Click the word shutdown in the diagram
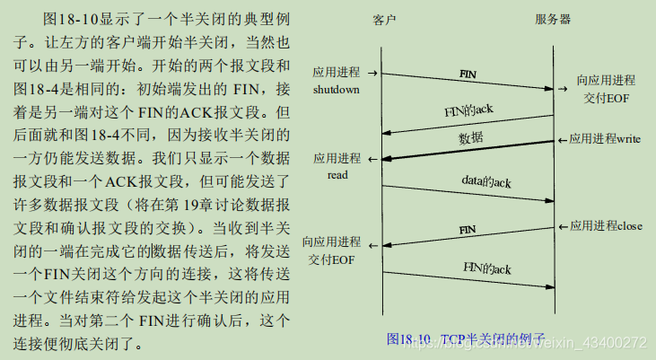tap(337, 90)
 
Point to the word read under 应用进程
tap(337, 174)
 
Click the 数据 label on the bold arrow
tap(471, 137)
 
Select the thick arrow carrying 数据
tap(467, 151)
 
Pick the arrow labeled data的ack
tap(467, 193)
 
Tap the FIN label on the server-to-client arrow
tap(468, 230)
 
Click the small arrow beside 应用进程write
tap(563, 140)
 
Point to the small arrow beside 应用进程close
tap(563, 226)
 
